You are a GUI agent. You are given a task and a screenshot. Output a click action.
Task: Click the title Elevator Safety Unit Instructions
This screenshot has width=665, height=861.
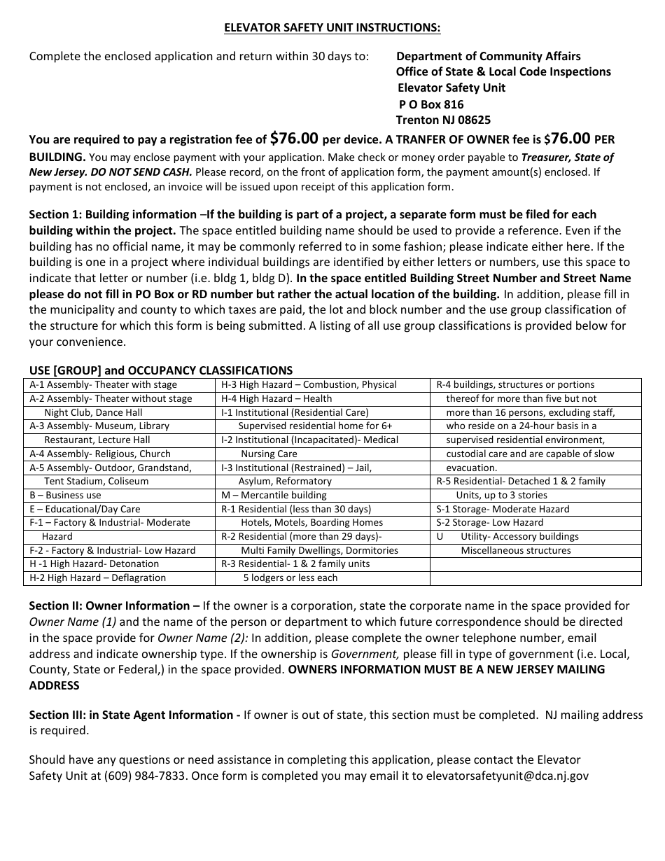[x=332, y=27]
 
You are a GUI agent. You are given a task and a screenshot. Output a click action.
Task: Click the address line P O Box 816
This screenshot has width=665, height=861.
[x=431, y=104]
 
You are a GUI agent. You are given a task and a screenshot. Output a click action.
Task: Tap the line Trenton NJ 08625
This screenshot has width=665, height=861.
[x=443, y=120]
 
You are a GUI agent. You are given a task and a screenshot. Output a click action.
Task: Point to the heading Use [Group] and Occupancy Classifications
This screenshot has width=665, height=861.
[x=160, y=370]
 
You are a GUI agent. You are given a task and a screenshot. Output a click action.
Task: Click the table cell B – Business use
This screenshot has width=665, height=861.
[x=65, y=495]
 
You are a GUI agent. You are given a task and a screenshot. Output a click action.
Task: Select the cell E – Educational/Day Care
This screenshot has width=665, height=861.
[x=85, y=509]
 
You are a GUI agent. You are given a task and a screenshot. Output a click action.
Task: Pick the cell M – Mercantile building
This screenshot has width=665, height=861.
[x=274, y=495]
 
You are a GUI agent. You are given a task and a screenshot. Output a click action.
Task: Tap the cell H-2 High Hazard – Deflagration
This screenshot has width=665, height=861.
[x=97, y=578]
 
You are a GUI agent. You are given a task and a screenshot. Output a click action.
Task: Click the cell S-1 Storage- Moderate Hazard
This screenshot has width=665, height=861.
[x=503, y=509]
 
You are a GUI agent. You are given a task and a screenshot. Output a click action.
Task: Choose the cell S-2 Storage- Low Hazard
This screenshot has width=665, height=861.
[x=489, y=522]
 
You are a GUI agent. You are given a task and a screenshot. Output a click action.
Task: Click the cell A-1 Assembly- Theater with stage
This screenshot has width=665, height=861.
[x=103, y=384]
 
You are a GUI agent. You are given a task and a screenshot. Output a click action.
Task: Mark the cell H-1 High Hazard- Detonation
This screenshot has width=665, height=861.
[x=94, y=564]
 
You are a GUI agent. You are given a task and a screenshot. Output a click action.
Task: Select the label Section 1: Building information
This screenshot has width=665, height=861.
[x=113, y=214]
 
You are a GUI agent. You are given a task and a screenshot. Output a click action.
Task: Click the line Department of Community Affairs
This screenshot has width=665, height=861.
[x=488, y=56]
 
